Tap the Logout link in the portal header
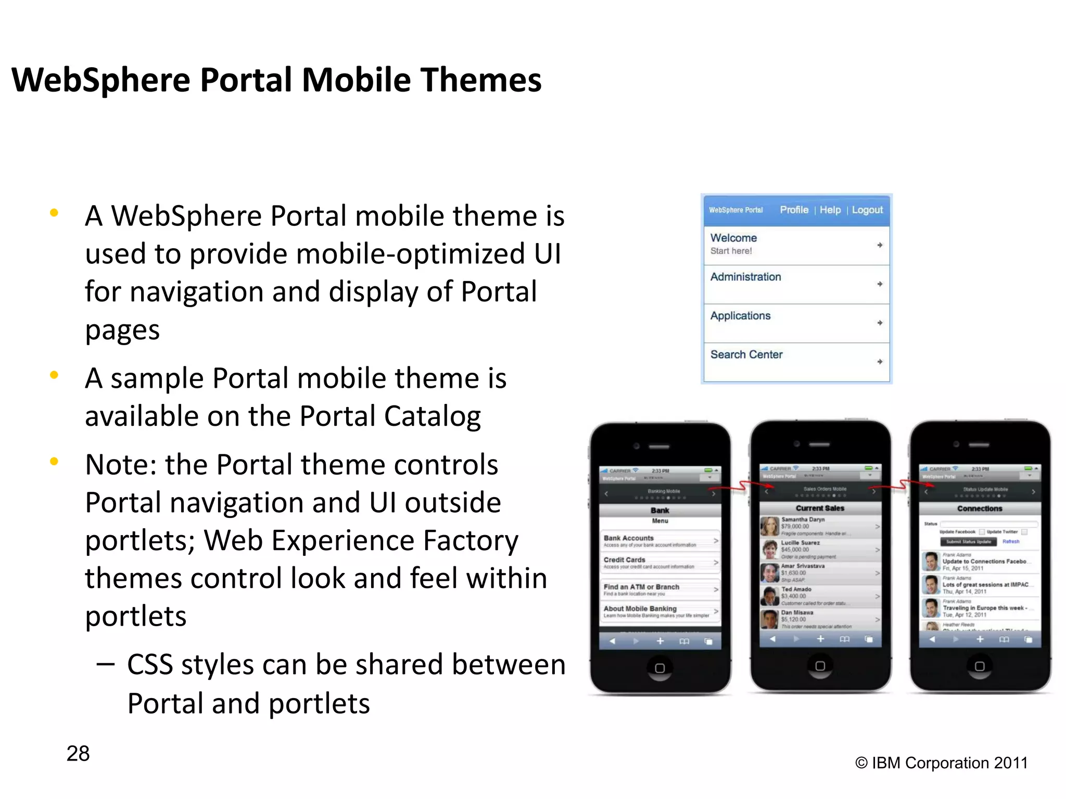[867, 210]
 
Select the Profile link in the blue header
[794, 210]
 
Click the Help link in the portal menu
[830, 210]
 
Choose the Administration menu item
[745, 277]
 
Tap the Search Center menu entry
[746, 354]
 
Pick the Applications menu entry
[740, 316]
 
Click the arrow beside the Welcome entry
[880, 245]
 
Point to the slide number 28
[78, 753]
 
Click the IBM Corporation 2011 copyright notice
[941, 763]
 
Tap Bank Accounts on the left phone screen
[629, 538]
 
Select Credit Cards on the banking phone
[625, 560]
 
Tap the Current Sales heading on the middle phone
[820, 508]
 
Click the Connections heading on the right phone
[980, 509]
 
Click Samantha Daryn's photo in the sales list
[770, 526]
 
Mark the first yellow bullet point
[54, 212]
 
